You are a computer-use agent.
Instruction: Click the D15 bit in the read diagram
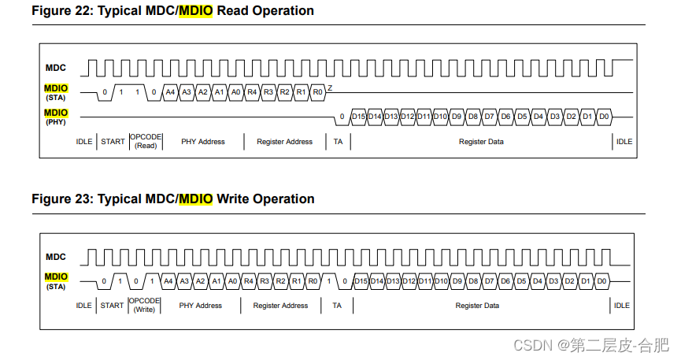pyautogui.click(x=358, y=117)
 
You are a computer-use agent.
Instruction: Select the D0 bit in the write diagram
pyautogui.click(x=601, y=281)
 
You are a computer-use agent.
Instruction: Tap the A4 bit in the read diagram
pyautogui.click(x=170, y=92)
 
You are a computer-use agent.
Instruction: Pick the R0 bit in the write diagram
pyautogui.click(x=313, y=281)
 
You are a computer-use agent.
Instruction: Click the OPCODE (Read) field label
pyautogui.click(x=146, y=141)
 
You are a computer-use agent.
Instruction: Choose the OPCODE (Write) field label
pyautogui.click(x=144, y=305)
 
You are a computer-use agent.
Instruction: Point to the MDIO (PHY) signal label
pyautogui.click(x=55, y=117)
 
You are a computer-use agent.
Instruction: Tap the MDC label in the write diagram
pyautogui.click(x=55, y=257)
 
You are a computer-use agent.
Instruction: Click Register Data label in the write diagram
pyautogui.click(x=477, y=306)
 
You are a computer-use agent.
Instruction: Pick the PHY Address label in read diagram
pyautogui.click(x=202, y=142)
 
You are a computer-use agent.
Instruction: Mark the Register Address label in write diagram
pyautogui.click(x=280, y=306)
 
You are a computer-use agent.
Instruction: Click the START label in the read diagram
pyautogui.click(x=113, y=142)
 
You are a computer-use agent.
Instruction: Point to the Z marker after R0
pyautogui.click(x=330, y=87)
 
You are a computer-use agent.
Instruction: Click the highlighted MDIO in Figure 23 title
pyautogui.click(x=196, y=199)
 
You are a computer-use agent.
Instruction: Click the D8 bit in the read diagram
pyautogui.click(x=472, y=117)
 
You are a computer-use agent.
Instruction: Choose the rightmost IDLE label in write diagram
pyautogui.click(x=621, y=306)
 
